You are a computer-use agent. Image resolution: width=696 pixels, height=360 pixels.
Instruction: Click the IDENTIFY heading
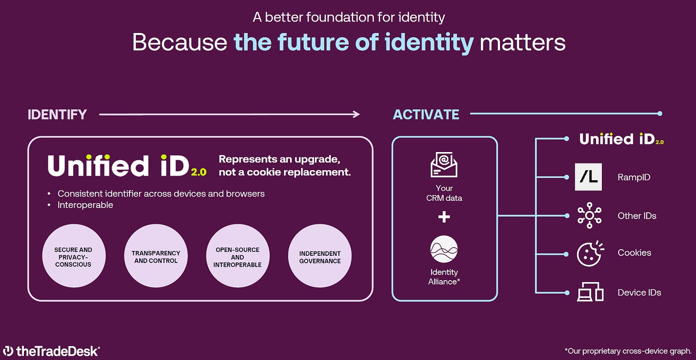(x=57, y=115)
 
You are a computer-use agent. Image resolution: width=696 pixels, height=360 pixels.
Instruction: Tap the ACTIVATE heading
(x=426, y=115)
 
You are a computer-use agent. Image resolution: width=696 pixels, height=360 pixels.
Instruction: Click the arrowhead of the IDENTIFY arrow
(x=356, y=114)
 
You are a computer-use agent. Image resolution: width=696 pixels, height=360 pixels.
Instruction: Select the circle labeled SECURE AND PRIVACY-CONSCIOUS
(x=73, y=257)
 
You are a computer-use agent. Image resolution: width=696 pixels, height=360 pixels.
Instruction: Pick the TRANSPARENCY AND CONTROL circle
(x=156, y=257)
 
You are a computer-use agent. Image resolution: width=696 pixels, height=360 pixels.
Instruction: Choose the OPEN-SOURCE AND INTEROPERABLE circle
(x=238, y=257)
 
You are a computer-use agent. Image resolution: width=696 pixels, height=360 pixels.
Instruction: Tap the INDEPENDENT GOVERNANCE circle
(x=320, y=257)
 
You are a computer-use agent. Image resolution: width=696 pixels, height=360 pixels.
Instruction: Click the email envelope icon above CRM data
(x=444, y=164)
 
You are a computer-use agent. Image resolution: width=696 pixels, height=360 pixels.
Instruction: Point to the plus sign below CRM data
(x=444, y=217)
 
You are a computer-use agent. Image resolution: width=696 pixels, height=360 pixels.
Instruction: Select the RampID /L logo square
(x=588, y=177)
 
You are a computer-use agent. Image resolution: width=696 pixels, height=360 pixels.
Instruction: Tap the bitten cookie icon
(x=589, y=253)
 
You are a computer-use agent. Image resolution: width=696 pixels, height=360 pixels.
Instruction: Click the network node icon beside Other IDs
(x=589, y=216)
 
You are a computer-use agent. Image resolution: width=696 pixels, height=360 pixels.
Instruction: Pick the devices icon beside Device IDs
(x=590, y=292)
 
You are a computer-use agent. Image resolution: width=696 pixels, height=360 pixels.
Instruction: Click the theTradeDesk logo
(x=51, y=351)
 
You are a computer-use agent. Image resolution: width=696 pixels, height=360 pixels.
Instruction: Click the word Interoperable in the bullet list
(x=85, y=205)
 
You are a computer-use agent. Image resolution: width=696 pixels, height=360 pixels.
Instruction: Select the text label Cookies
(x=634, y=253)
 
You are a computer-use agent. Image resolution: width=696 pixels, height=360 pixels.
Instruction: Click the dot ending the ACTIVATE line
(x=660, y=114)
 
